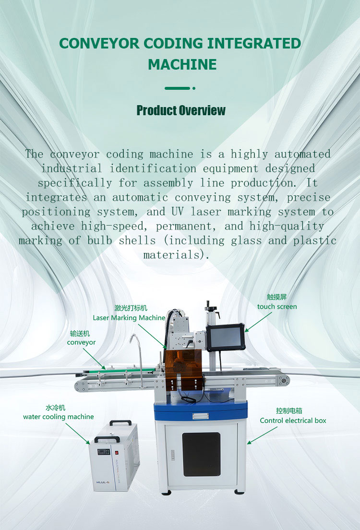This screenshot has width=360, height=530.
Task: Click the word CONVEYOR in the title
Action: click(x=99, y=44)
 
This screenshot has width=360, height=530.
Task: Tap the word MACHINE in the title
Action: click(x=182, y=64)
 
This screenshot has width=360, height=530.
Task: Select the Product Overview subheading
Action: click(x=181, y=110)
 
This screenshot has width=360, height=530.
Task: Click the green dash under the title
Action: click(x=178, y=88)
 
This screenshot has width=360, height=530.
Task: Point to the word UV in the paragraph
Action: click(x=178, y=212)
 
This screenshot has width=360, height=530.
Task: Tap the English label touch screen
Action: click(x=277, y=307)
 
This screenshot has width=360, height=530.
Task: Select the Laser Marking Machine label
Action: click(x=129, y=318)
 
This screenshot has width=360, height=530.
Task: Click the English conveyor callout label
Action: click(x=81, y=342)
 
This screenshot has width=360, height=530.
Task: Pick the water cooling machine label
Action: click(x=59, y=417)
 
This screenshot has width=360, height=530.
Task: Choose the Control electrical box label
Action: click(x=293, y=421)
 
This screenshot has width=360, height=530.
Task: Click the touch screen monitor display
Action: click(x=226, y=337)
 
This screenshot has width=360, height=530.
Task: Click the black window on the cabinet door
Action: click(x=202, y=454)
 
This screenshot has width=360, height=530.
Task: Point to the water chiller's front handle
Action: click(x=107, y=439)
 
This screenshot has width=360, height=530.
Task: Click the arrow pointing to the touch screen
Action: click(x=258, y=322)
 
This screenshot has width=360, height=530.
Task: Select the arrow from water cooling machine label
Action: click(x=78, y=434)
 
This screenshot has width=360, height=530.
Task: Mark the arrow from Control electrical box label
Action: click(x=262, y=435)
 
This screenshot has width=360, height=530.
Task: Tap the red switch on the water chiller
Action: click(x=116, y=452)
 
